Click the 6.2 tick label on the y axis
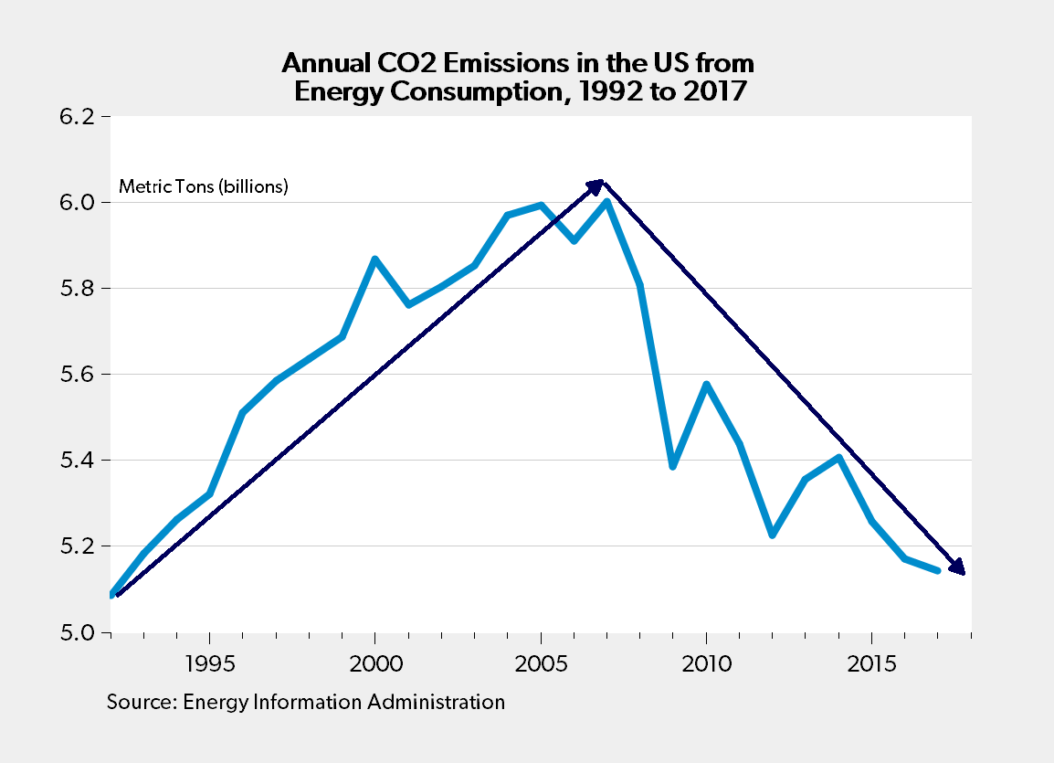pos(79,117)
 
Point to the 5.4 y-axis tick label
pos(79,461)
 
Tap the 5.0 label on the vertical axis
pos(79,632)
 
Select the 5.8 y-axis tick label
pos(79,289)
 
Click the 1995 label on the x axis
pos(210,662)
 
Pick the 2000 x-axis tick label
pos(374,662)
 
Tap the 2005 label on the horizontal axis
pos(542,662)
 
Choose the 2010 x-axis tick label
pos(707,662)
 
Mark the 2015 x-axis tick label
pos(872,662)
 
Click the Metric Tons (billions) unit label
pos(204,187)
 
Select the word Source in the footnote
pos(140,702)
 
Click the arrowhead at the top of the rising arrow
pos(596,185)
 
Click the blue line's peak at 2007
pos(606,202)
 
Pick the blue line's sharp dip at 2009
pos(673,466)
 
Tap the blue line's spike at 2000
pos(374,260)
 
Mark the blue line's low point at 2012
pos(773,535)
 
